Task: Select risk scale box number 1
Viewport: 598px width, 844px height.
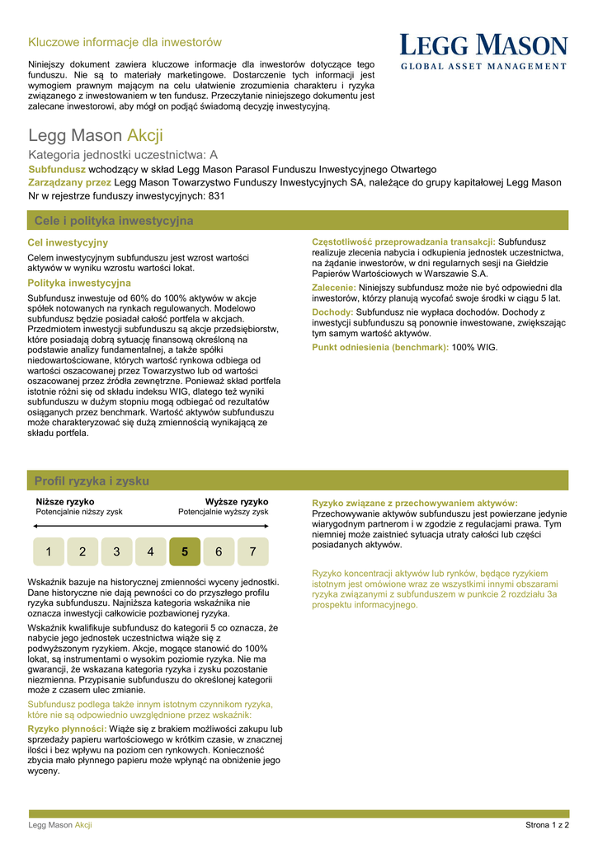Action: click(49, 551)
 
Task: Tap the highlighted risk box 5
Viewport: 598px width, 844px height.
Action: click(184, 551)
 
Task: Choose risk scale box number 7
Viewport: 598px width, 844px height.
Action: click(252, 551)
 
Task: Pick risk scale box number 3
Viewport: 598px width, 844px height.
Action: click(116, 551)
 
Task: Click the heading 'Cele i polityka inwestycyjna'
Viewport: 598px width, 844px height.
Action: click(114, 221)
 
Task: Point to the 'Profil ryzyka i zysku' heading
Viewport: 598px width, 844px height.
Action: click(92, 481)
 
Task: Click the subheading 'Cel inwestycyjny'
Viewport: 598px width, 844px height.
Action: click(68, 242)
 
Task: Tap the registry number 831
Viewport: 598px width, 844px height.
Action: click(215, 196)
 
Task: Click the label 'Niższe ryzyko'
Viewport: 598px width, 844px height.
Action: click(65, 501)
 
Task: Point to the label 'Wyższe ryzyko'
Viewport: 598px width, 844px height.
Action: click(237, 501)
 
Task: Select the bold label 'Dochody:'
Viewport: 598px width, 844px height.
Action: click(332, 312)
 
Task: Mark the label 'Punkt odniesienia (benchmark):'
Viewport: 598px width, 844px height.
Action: click(380, 347)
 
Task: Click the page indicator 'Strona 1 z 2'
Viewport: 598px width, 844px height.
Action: click(548, 825)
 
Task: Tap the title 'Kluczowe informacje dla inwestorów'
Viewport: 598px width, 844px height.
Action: click(125, 42)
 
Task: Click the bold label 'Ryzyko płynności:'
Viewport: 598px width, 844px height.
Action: click(67, 729)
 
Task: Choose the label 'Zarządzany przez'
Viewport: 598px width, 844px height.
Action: click(70, 182)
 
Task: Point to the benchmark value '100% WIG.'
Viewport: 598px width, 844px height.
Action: click(475, 347)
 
